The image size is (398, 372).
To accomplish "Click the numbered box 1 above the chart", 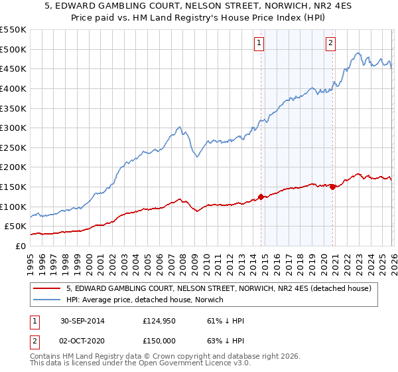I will coord(258,44).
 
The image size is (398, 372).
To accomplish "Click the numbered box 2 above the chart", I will coord(330,44).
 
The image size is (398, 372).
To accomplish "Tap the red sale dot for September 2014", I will coord(261,197).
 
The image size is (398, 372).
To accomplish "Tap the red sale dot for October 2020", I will coord(332,187).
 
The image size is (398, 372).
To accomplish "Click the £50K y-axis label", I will coord(15,227).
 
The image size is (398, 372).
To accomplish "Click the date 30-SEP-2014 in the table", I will coord(82,321).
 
